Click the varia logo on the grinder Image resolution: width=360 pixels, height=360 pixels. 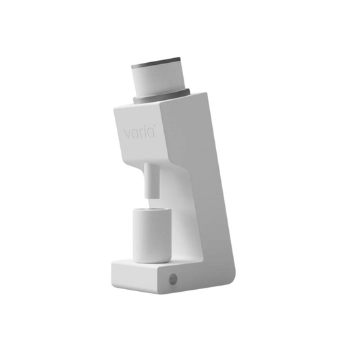pyautogui.click(x=140, y=132)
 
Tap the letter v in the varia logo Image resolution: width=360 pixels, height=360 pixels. pyautogui.click(x=128, y=134)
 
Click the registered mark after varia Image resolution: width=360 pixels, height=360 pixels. pyautogui.click(x=154, y=126)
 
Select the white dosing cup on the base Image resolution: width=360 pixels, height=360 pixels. pyautogui.click(x=152, y=235)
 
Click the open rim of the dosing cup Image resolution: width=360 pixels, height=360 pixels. pyautogui.click(x=152, y=209)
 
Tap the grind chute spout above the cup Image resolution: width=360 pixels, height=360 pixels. pyautogui.click(x=151, y=180)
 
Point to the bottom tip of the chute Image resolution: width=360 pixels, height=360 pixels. pyautogui.click(x=152, y=197)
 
